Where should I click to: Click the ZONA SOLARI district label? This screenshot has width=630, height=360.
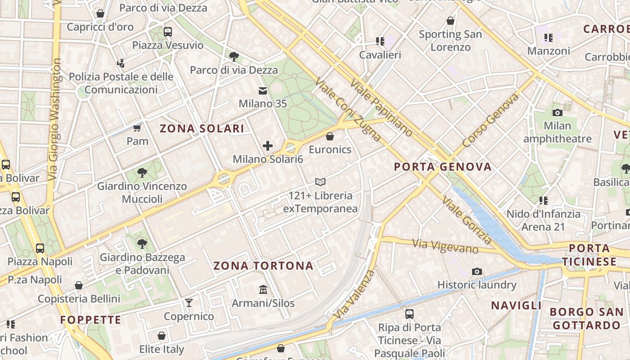coord(202,129)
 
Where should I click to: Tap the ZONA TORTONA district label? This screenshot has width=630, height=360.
coord(263,266)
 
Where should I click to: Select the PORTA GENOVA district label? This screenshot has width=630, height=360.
coord(443,167)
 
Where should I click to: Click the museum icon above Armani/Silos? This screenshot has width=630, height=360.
coord(263,289)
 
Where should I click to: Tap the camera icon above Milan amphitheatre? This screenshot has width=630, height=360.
coord(557,112)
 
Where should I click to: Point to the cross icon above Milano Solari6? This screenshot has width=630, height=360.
coord(268,146)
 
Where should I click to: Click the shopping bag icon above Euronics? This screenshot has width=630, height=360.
coord(330,136)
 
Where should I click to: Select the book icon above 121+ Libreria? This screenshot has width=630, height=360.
coord(320,182)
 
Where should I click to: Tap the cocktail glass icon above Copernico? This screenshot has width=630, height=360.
coord(189,303)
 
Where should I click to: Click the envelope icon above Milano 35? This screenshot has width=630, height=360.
coord(263,91)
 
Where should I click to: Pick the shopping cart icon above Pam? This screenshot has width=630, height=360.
coord(137,128)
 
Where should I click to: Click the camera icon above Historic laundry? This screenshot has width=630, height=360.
coord(477,271)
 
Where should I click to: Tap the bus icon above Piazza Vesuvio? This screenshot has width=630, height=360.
coord(168,32)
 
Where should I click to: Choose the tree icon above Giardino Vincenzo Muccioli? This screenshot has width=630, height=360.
coord(142,173)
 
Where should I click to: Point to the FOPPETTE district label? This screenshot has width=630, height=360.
coord(91,320)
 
